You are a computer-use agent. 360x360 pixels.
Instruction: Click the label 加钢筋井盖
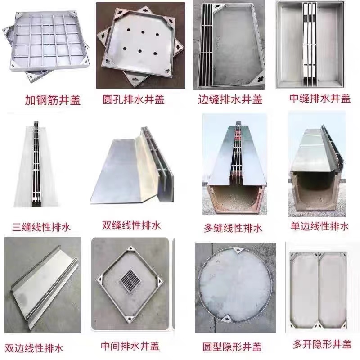(x=53, y=100)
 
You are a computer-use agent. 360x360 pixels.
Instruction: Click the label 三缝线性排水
(x=40, y=226)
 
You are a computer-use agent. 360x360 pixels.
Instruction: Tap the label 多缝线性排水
(x=233, y=228)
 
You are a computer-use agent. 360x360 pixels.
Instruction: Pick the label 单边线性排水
(x=319, y=226)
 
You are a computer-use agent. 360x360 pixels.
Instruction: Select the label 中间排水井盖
(x=131, y=347)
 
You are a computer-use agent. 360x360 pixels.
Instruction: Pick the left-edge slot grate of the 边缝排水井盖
(x=205, y=45)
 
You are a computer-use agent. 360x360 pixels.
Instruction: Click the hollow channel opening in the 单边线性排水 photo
(x=316, y=189)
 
